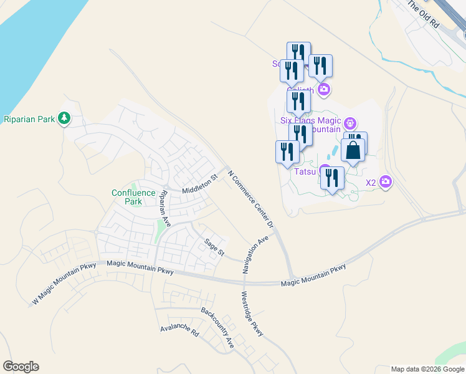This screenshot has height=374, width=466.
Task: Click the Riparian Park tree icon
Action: point(63,118)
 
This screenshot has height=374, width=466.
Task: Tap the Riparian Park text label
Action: point(29,118)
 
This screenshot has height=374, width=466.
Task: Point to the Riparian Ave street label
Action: point(165,208)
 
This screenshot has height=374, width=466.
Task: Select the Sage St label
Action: point(214,247)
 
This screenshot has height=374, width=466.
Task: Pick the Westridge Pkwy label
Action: point(252,314)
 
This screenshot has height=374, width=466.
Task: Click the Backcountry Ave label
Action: point(217,327)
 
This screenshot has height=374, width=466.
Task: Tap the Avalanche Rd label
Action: point(179,330)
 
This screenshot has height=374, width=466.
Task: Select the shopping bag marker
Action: point(353,151)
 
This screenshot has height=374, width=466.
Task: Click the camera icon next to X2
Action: point(386,182)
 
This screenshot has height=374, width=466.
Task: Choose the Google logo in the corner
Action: point(21,367)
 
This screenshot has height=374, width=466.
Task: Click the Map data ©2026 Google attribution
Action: point(427,369)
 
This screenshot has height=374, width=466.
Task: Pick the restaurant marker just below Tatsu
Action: point(332,178)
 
